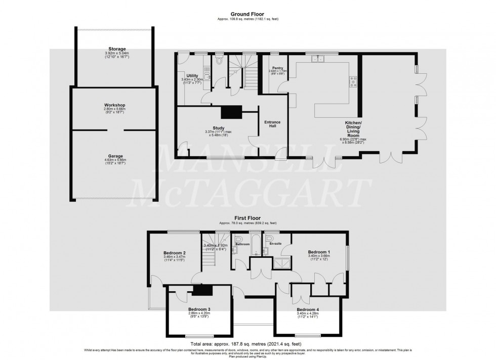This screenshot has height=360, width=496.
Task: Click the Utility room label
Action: [x=192, y=75]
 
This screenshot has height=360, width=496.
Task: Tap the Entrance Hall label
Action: [x=272, y=124]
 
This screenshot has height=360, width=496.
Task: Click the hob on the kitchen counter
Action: [x=352, y=80]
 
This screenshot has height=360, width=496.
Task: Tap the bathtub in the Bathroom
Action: [x=256, y=245]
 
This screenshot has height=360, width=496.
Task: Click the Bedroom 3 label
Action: [x=199, y=309]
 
